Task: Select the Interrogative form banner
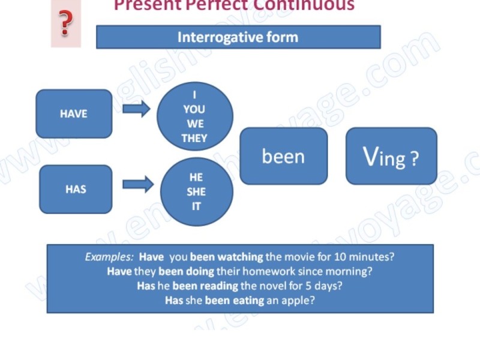click(238, 37)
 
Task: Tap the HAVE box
click(74, 113)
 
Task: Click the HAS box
click(76, 189)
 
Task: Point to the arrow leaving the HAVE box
click(136, 109)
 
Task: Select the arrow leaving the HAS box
click(137, 184)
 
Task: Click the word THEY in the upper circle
click(194, 138)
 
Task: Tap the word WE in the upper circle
click(194, 124)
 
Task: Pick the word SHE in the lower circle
click(196, 192)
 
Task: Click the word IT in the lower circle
click(196, 206)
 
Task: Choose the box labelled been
click(283, 156)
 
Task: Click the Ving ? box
click(391, 157)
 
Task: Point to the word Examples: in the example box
click(109, 257)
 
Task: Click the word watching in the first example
click(239, 257)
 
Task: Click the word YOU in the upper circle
click(194, 109)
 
